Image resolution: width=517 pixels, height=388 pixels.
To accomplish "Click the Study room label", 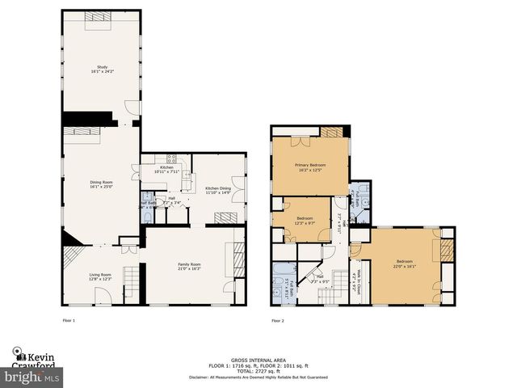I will [102, 67].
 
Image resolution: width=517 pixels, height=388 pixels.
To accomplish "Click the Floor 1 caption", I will [69, 321].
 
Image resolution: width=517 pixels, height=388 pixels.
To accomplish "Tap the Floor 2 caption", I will [277, 321].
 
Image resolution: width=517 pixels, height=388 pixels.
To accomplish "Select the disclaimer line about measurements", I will [258, 376].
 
